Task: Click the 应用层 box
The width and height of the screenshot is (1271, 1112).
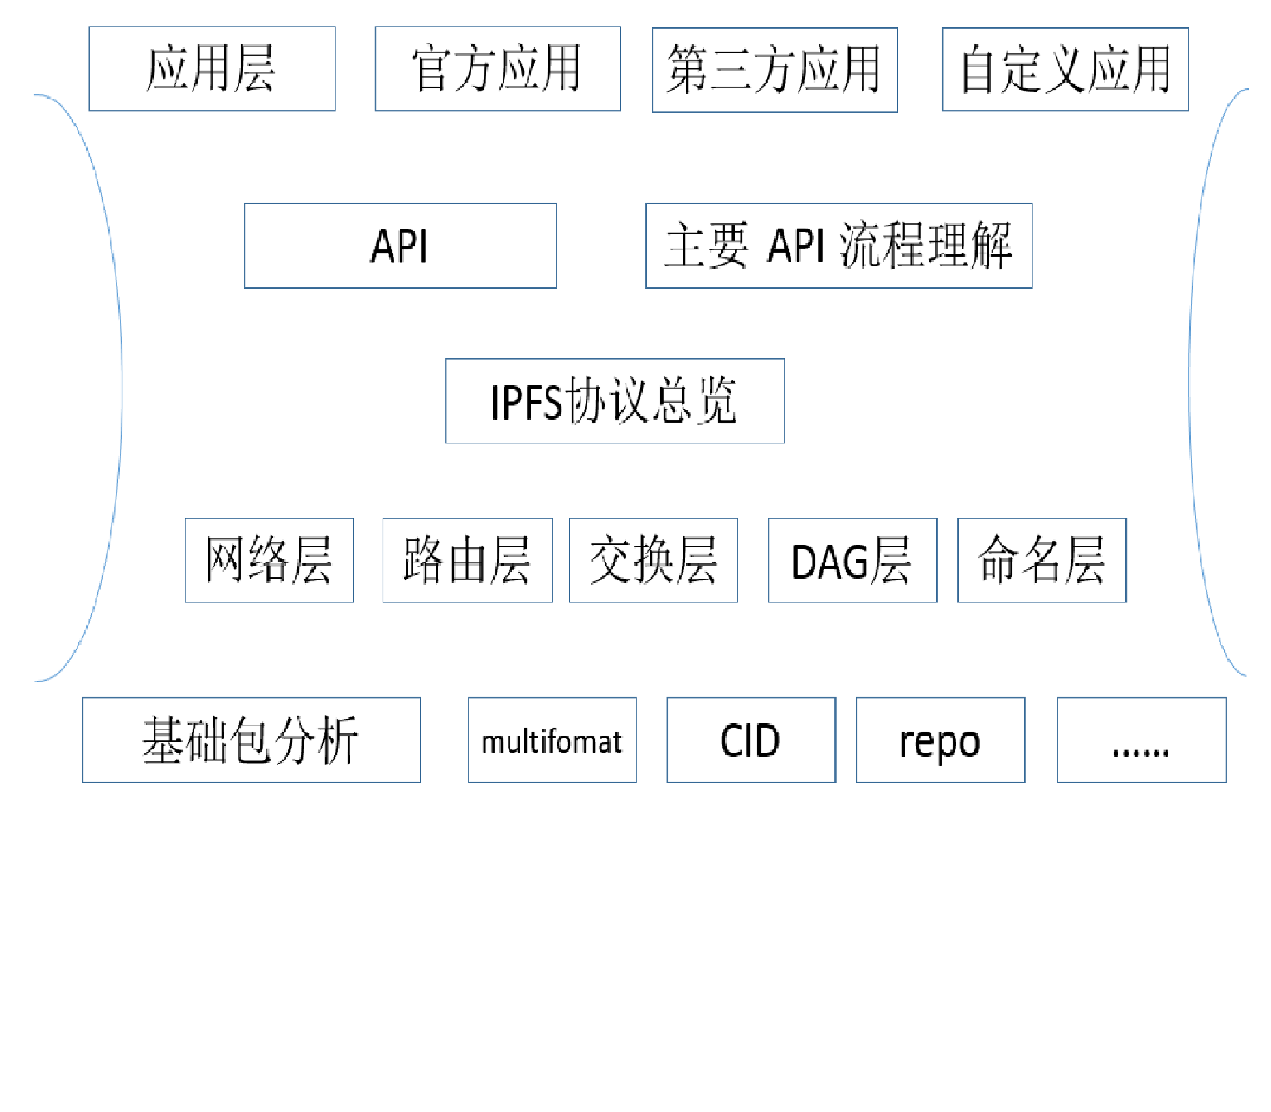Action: [x=212, y=69]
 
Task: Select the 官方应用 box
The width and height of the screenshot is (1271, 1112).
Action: [x=498, y=69]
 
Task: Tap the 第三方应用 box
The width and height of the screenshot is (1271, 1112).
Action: [x=775, y=70]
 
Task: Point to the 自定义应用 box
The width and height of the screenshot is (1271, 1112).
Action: [x=1065, y=69]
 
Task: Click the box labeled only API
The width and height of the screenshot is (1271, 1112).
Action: [x=400, y=246]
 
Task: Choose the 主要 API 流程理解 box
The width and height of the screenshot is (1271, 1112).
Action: [x=839, y=246]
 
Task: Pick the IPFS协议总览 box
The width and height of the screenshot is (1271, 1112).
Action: [x=615, y=401]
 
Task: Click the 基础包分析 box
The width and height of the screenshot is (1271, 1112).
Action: [x=251, y=740]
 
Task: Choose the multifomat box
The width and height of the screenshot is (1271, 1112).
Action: [x=552, y=740]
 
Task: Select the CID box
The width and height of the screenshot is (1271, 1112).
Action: [x=752, y=740]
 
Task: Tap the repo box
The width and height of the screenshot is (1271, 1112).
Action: [x=941, y=740]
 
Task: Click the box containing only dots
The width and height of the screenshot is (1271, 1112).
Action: [x=1142, y=740]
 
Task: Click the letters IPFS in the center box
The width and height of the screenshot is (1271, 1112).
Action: [x=526, y=403]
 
